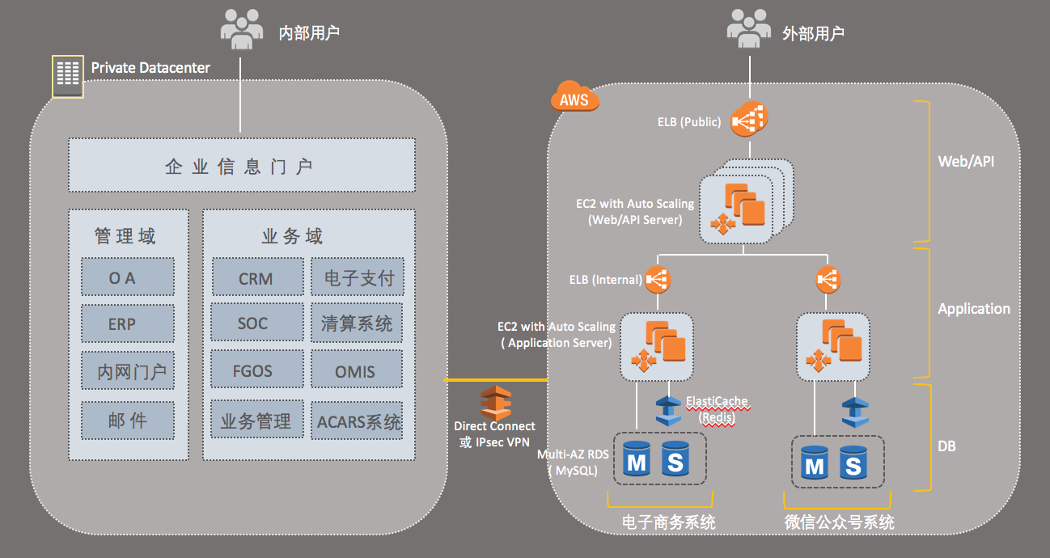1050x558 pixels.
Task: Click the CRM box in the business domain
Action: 256,277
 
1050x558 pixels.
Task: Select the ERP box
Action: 128,323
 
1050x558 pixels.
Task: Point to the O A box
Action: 128,277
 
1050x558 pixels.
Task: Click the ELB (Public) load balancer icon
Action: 748,120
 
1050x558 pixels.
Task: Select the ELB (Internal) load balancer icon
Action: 656,280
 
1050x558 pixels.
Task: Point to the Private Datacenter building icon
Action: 67,77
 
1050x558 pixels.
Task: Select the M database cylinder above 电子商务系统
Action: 637,460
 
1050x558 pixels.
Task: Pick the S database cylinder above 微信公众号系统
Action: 853,463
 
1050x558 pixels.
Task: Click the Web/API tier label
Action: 966,161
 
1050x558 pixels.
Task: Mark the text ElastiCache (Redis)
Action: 716,408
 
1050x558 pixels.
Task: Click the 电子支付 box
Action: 356,277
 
